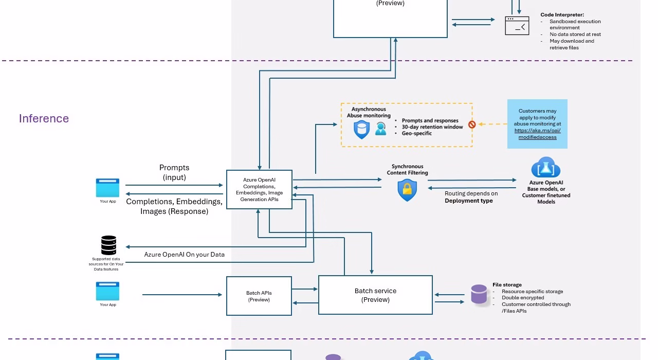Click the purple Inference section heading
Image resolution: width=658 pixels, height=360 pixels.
point(44,119)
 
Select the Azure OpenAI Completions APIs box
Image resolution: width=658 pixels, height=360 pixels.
point(259,189)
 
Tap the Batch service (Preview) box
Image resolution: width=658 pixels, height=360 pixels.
point(375,295)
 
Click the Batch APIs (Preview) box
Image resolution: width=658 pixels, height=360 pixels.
point(259,296)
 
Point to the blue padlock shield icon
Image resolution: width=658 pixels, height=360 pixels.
point(407,190)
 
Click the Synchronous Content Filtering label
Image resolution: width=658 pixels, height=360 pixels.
point(407,170)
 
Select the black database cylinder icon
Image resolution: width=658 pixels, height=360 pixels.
point(108,245)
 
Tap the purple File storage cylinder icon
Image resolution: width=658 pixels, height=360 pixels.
point(479,295)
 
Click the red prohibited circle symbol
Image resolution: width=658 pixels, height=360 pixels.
point(472,124)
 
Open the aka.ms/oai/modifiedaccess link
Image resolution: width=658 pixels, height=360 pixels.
point(537,134)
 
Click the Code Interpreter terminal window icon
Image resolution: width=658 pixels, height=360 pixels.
point(517,26)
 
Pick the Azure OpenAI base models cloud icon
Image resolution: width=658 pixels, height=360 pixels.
point(545,168)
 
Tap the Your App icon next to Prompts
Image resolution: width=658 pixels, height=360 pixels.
point(107,188)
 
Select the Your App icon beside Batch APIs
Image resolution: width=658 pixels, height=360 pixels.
point(107,291)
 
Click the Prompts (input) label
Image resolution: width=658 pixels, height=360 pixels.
point(174,172)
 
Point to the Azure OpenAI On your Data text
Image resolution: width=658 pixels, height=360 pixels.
point(184,255)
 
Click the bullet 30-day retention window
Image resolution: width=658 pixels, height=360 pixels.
point(432,127)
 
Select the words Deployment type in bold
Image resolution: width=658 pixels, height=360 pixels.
point(468,201)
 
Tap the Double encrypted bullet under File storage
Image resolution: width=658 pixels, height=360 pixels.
point(523,298)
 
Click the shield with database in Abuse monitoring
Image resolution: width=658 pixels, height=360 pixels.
point(361,129)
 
